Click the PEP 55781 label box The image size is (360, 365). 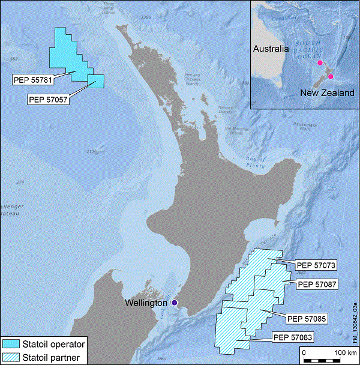[32, 79]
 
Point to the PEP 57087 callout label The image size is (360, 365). [318, 284]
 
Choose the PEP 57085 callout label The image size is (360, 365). [307, 318]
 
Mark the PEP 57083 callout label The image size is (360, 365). [292, 337]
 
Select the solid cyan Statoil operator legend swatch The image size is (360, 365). [11, 344]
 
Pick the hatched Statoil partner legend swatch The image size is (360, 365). [11, 357]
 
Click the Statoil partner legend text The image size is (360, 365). [52, 358]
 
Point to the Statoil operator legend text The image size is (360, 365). [54, 345]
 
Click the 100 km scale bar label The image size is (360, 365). [343, 352]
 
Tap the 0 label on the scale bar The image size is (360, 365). [304, 352]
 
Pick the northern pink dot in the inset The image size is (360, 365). [320, 62]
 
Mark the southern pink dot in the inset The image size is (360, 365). [331, 77]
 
